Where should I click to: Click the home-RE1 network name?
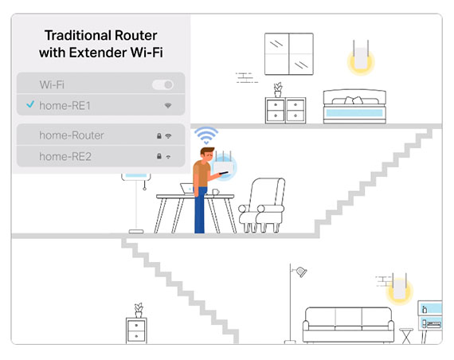coord(65,106)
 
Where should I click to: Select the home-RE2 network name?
coord(65,157)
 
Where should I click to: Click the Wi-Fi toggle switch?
coord(162,84)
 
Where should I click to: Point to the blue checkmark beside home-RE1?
coord(30,104)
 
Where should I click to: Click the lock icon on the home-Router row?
coord(159,135)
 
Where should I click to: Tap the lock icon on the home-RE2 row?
coord(159,156)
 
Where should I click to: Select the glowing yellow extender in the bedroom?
coord(361,58)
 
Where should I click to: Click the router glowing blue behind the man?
coord(224,166)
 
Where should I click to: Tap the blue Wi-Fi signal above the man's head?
coord(206,135)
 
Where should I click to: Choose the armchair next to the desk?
coord(261,205)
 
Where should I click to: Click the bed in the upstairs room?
coord(354,106)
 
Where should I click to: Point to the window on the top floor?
coord(289,54)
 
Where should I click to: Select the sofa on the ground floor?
coord(348,325)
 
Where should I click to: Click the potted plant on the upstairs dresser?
coord(278,90)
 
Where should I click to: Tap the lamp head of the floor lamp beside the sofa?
coord(301,272)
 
